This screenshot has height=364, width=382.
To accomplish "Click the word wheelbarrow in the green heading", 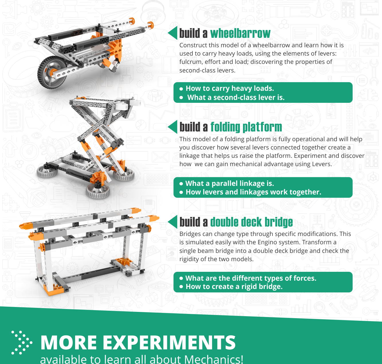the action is [240, 34].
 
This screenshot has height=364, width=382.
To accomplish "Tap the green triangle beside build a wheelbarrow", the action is [173, 33].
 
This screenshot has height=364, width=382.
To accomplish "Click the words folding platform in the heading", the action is [246, 127].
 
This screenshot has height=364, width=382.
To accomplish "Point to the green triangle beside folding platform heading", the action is [173, 127].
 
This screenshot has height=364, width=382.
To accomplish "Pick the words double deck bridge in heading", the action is [251, 222].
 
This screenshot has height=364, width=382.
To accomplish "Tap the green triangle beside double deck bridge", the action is [173, 222].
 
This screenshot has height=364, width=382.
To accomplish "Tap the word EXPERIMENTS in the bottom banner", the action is [169, 343].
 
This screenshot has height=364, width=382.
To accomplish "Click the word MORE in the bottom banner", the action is [68, 343].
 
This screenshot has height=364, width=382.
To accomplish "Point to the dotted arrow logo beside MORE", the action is [22, 343].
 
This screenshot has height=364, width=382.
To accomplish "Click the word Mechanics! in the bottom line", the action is [213, 359].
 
